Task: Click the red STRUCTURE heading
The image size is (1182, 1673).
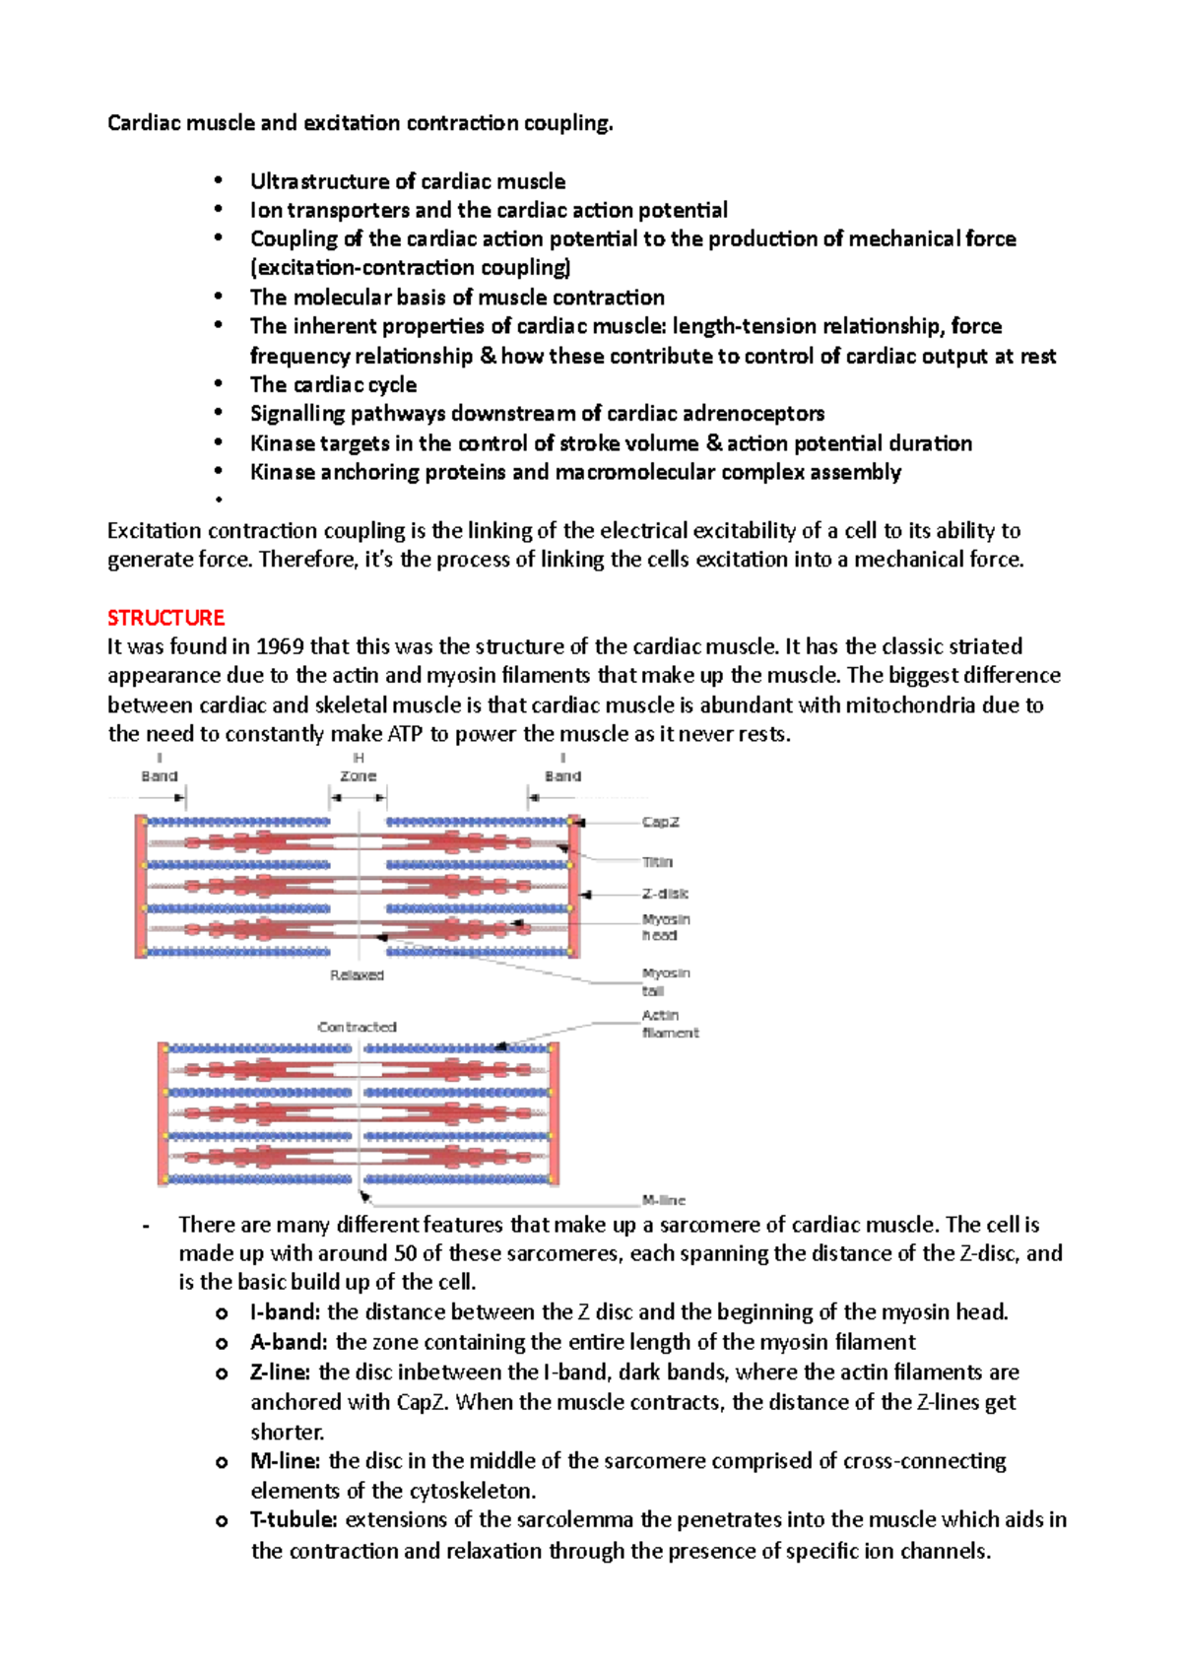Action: pyautogui.click(x=165, y=618)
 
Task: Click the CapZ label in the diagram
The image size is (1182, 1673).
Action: pyautogui.click(x=660, y=822)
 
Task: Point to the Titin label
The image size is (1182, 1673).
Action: pyautogui.click(x=657, y=862)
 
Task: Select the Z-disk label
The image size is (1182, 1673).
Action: pyautogui.click(x=665, y=894)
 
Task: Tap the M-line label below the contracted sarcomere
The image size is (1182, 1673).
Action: pyautogui.click(x=663, y=1200)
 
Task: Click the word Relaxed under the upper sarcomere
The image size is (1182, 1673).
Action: pyautogui.click(x=357, y=975)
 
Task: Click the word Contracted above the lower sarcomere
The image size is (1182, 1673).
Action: pyautogui.click(x=357, y=1027)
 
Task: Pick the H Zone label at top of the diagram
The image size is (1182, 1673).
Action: pyautogui.click(x=359, y=768)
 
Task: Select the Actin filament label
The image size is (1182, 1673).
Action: pyautogui.click(x=670, y=1024)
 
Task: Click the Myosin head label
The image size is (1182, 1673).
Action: pyautogui.click(x=666, y=927)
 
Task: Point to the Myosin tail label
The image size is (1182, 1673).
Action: pyautogui.click(x=666, y=981)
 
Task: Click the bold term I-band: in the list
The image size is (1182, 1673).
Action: pyautogui.click(x=285, y=1312)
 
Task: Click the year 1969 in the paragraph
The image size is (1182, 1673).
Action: pyautogui.click(x=280, y=647)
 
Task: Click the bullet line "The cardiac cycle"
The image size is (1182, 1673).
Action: pyautogui.click(x=333, y=385)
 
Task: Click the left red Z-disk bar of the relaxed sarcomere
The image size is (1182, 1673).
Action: pyautogui.click(x=141, y=887)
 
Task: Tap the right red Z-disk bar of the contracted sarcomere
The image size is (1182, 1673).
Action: pyautogui.click(x=554, y=1113)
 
